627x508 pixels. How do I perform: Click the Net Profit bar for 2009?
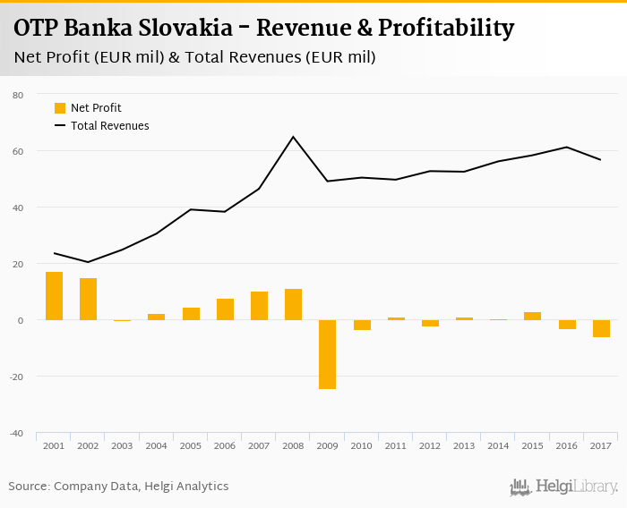pyautogui.click(x=327, y=354)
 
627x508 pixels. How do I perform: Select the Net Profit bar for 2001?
pyautogui.click(x=54, y=296)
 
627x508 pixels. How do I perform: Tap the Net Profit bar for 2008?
pyautogui.click(x=293, y=304)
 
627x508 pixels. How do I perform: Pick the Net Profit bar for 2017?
pyautogui.click(x=600, y=328)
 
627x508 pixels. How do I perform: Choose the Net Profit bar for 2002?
pyautogui.click(x=88, y=299)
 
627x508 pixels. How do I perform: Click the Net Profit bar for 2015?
pyautogui.click(x=532, y=316)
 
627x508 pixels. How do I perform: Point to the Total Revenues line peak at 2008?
pyautogui.click(x=293, y=137)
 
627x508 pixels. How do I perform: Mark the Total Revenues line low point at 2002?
pyautogui.click(x=88, y=262)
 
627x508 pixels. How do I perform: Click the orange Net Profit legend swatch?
pyautogui.click(x=60, y=108)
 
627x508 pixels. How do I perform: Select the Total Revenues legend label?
pyautogui.click(x=109, y=126)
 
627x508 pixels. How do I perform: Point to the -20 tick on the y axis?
pyautogui.click(x=17, y=377)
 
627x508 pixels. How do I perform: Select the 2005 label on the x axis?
pyautogui.click(x=191, y=445)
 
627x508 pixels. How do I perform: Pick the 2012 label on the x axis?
pyautogui.click(x=429, y=445)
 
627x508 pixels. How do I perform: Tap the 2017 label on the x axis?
pyautogui.click(x=600, y=445)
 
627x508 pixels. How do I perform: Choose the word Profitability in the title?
pyautogui.click(x=446, y=29)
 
